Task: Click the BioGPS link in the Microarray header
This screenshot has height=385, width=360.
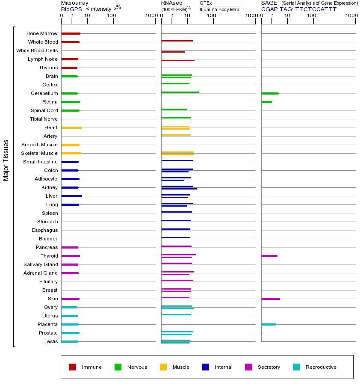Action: (71, 9)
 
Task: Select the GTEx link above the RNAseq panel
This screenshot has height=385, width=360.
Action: (206, 3)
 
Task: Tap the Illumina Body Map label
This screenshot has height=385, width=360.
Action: (219, 9)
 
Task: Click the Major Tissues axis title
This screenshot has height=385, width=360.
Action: (6, 160)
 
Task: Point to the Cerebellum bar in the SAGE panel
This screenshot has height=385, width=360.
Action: (270, 93)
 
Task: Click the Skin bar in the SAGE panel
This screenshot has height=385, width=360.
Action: (271, 299)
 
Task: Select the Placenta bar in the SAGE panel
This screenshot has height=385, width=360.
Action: (269, 324)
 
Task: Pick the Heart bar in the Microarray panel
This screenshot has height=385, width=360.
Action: (71, 127)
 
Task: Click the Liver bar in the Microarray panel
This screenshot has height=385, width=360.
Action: (71, 196)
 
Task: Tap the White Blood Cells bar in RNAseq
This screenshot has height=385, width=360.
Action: (173, 52)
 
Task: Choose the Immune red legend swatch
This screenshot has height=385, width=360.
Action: (73, 367)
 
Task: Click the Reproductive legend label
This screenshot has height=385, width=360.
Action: (321, 367)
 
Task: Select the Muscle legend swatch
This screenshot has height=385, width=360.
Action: (163, 367)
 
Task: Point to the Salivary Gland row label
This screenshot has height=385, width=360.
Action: (41, 264)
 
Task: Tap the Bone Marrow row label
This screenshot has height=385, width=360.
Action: (42, 33)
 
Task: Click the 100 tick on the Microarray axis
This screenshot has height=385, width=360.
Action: (112, 16)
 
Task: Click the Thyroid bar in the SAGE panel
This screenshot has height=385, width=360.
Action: (269, 256)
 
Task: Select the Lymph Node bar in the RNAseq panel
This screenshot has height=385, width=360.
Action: (178, 60)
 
